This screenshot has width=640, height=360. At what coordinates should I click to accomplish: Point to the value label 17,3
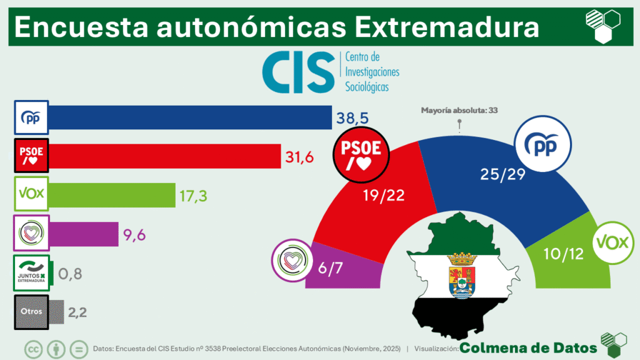click(193, 195)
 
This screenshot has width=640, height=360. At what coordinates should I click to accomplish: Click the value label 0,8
click(70, 273)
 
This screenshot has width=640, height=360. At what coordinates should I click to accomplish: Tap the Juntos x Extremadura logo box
click(31, 273)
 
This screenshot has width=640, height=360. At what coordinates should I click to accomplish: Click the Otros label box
click(31, 312)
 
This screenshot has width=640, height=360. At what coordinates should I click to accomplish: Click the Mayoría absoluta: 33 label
click(459, 111)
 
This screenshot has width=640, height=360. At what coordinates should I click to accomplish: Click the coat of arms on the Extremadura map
click(461, 276)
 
